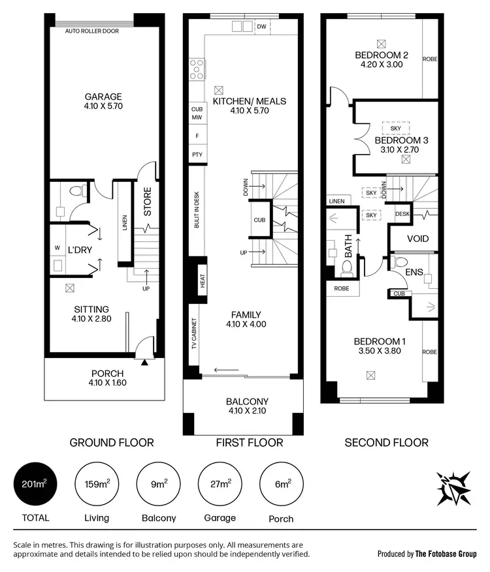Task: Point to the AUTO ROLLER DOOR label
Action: (91, 31)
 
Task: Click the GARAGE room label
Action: (103, 97)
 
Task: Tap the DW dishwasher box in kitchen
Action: (261, 27)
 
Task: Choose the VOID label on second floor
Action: (417, 239)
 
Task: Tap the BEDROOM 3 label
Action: (401, 140)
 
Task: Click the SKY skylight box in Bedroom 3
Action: (395, 128)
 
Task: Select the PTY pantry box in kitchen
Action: (197, 155)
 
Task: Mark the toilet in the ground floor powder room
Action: (78, 192)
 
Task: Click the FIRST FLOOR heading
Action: (249, 442)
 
